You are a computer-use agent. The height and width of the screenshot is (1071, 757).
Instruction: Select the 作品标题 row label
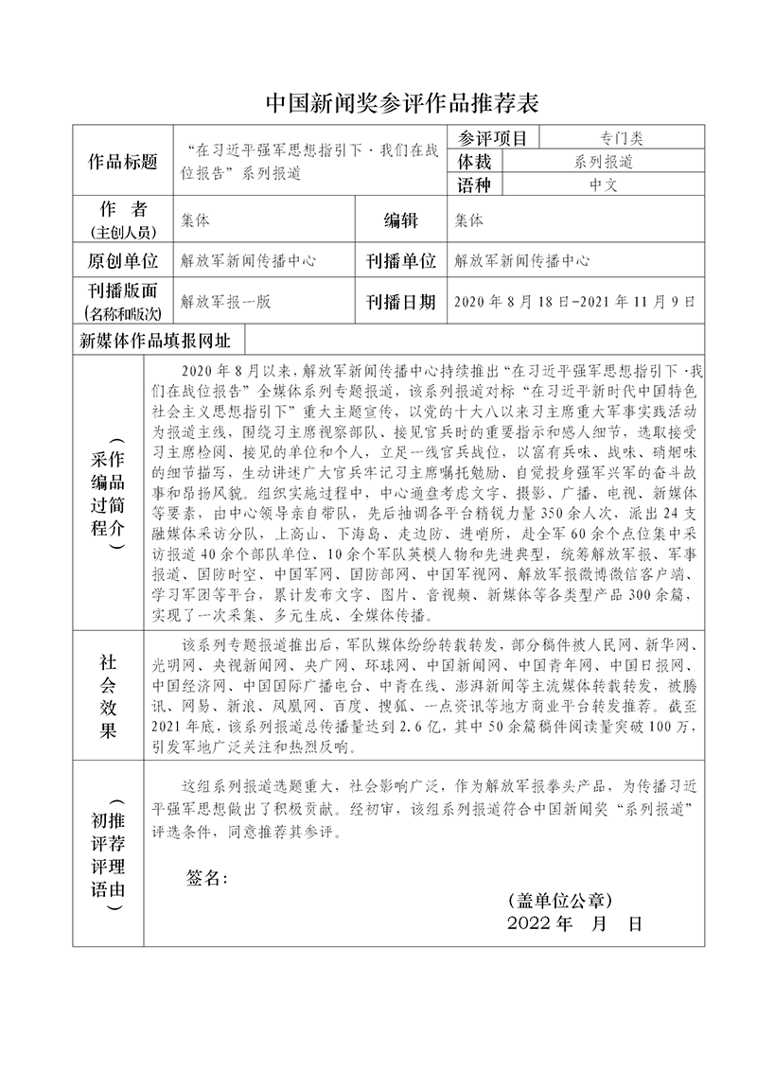point(123,161)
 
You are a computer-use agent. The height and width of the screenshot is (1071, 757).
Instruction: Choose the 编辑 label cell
point(400,220)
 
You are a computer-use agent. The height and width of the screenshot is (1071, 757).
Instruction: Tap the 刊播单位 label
point(400,260)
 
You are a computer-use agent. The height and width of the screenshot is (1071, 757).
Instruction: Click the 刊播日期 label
point(400,302)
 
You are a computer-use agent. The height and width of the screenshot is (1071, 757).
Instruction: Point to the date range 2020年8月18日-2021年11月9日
point(574,302)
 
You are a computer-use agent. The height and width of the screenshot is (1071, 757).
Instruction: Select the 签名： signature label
point(208,877)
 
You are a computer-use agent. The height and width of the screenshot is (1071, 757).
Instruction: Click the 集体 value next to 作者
point(196,220)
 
